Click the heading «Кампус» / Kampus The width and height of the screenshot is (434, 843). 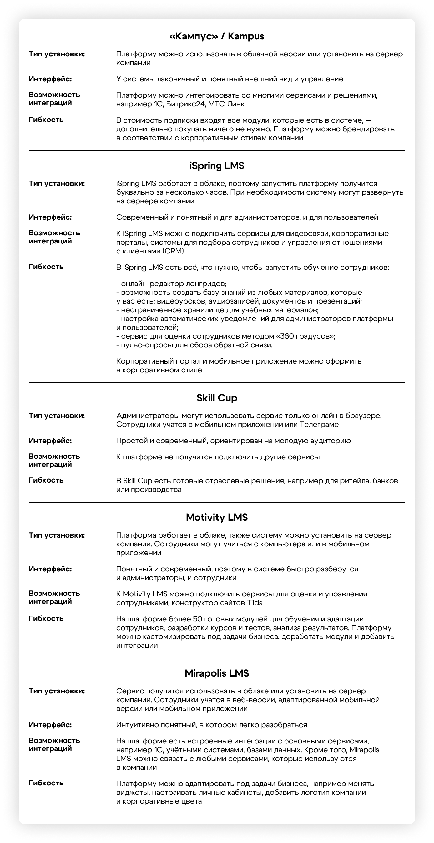click(217, 36)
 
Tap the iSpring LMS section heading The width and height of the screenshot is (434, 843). click(217, 166)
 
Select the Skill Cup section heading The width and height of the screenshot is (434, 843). click(217, 398)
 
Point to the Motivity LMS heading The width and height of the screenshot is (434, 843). click(217, 517)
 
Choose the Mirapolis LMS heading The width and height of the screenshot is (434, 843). click(217, 673)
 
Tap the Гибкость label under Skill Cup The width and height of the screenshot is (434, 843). click(46, 480)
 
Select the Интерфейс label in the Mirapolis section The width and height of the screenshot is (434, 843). click(50, 725)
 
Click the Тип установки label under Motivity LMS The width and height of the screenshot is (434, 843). click(57, 535)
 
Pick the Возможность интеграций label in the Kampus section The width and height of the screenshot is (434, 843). click(54, 99)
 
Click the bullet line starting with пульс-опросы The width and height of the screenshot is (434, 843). click(194, 345)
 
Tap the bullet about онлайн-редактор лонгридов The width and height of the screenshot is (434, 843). click(172, 284)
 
